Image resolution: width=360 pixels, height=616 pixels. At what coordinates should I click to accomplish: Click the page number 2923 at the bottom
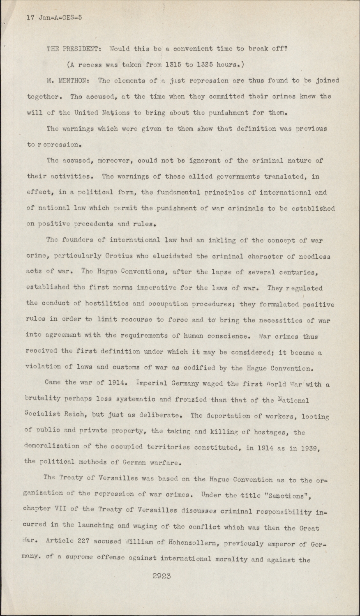click(x=162, y=576)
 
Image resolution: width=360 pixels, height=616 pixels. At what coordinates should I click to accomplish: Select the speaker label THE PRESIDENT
click(x=72, y=48)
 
